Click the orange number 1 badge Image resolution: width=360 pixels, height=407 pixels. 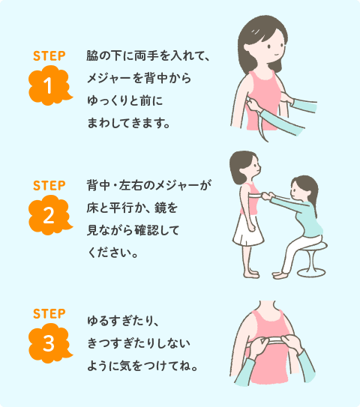tap(49, 85)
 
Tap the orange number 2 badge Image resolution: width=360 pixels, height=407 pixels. tap(49, 215)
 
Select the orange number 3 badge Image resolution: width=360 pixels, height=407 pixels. tap(49, 343)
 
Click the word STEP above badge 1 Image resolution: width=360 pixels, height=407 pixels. tap(49, 56)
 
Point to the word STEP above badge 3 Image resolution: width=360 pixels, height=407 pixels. tap(49, 314)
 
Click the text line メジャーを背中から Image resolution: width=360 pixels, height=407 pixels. tap(139, 78)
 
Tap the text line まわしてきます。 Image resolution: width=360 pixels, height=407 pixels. tap(128, 123)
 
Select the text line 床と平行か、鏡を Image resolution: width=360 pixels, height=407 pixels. tap(132, 208)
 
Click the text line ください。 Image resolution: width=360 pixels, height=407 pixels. tap(112, 253)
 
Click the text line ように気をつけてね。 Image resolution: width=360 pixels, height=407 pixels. tap(142, 366)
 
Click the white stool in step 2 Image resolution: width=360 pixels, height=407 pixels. tap(313, 259)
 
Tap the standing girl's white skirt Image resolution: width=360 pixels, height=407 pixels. tap(248, 230)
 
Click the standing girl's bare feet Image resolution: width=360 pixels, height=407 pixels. tap(251, 274)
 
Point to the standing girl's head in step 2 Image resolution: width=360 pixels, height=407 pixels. tap(245, 168)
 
